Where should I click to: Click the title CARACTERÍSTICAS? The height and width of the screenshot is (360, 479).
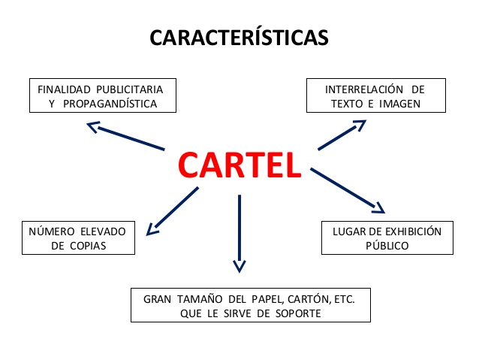(239, 37)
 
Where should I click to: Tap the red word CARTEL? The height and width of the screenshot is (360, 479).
(239, 164)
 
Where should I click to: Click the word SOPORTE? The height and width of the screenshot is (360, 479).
(294, 313)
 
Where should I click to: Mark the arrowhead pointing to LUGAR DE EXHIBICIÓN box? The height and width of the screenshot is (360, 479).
(379, 207)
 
